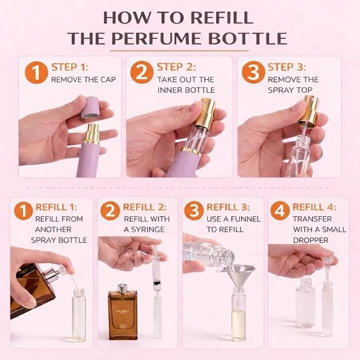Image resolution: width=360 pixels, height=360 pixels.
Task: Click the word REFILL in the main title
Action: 222,17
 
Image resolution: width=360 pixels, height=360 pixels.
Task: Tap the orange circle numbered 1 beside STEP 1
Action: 36,72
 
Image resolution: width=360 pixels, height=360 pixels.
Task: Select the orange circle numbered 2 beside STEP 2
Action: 142,72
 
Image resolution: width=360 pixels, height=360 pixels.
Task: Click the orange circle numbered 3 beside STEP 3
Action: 253,72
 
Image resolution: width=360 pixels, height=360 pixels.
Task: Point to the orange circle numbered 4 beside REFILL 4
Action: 280,211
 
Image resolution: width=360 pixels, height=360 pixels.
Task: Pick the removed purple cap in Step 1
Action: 91,108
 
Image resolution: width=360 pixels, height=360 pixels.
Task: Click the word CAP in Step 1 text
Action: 108,80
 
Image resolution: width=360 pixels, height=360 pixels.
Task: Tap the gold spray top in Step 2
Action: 205,113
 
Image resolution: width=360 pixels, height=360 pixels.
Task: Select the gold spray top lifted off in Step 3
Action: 309,112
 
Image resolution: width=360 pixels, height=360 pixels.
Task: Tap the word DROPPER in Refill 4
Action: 311,240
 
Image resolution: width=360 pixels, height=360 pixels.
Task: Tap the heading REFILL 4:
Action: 314,207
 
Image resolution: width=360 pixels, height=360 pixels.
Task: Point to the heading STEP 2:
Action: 176,67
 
